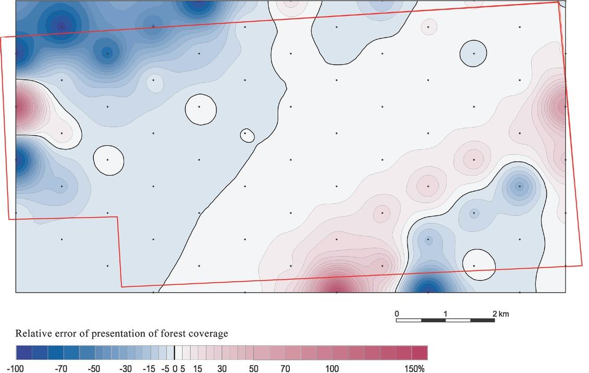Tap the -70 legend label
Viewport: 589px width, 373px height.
pos(61,369)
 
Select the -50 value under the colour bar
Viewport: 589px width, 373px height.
pos(93,369)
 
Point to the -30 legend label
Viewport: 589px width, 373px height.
pos(126,369)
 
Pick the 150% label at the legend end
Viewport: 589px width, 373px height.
pos(415,369)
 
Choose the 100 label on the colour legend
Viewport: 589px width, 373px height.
pos(333,369)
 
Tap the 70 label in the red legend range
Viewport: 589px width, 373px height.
pos(285,369)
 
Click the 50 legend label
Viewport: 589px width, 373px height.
pos(253,369)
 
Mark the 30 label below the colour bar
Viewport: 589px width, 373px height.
pos(222,369)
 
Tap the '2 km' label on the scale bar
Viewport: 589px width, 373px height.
pos(500,314)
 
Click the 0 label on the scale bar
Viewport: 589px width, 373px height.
pos(397,314)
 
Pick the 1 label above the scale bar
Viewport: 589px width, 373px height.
pos(446,314)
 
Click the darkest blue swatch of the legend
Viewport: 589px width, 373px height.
pos(23,353)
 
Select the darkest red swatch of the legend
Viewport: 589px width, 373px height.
pos(420,353)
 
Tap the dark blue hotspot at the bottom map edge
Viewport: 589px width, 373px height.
pos(428,287)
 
